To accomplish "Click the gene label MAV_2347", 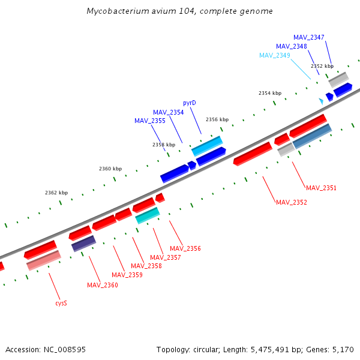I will [x=308, y=37].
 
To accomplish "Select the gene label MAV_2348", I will [x=291, y=46].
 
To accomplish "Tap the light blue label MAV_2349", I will [x=274, y=55].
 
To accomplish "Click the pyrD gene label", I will [x=190, y=103].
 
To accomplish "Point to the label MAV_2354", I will [x=168, y=112].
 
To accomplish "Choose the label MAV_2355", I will [x=149, y=121].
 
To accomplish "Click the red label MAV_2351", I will [x=321, y=188].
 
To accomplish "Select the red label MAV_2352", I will [x=291, y=202].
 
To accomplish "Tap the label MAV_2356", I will [x=185, y=248].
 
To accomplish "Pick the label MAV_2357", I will [x=165, y=257].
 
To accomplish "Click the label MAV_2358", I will [x=146, y=266].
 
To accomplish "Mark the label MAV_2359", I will [x=127, y=275].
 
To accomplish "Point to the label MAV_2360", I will [x=102, y=285].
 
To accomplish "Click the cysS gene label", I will [x=61, y=303].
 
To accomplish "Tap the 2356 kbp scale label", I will [x=217, y=119].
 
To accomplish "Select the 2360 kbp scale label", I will [x=110, y=169].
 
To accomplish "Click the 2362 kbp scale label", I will [x=56, y=193].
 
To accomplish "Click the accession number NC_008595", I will [x=64, y=349].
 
